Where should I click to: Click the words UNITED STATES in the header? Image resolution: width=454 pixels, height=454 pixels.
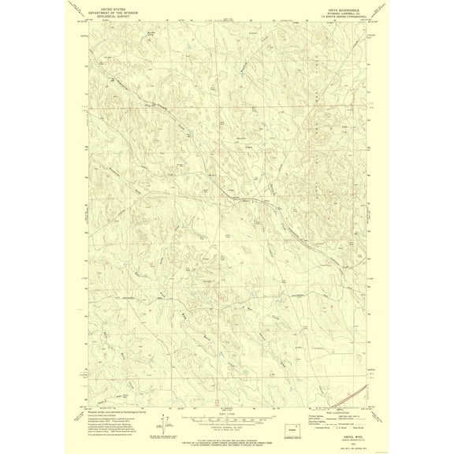point(113,5)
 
